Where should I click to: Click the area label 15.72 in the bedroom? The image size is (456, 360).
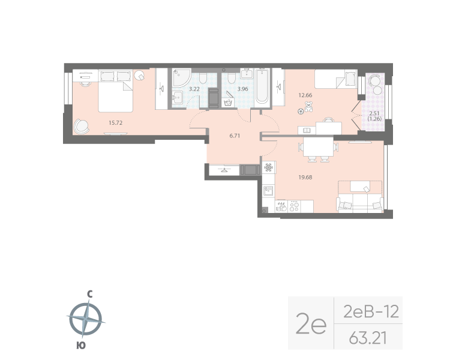(x=116, y=122)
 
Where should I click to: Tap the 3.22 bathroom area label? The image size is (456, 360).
(x=194, y=89)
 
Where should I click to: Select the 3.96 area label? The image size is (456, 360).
(x=242, y=89)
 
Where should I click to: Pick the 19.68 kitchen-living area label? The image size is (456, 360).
(x=307, y=177)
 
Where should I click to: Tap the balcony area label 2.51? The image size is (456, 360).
(x=374, y=113)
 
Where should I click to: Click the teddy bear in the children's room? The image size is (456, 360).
(x=309, y=107)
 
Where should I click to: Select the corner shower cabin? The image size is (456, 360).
(x=181, y=78)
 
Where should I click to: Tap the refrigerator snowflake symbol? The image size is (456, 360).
(x=269, y=167)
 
